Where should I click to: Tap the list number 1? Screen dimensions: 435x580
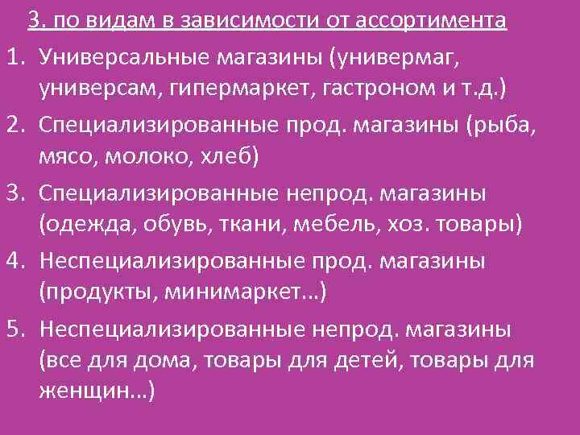tap(12, 56)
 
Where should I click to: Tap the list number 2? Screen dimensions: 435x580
tap(12, 125)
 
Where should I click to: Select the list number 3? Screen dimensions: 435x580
tap(12, 193)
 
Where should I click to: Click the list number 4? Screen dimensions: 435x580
tap(12, 262)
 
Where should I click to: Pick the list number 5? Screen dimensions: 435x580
tap(12, 330)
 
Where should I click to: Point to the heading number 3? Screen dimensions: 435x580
tap(33, 19)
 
